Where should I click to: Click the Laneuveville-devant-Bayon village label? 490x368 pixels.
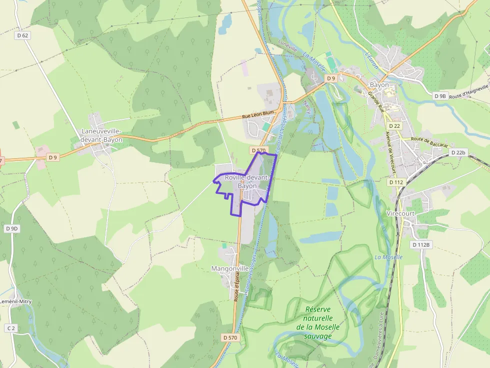pyautogui.click(x=101, y=135)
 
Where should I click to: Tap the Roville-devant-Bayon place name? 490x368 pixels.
pyautogui.click(x=247, y=182)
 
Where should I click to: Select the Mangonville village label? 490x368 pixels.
pyautogui.click(x=230, y=269)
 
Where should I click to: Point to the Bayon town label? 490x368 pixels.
pyautogui.click(x=379, y=85)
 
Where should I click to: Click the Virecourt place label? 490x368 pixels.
pyautogui.click(x=401, y=213)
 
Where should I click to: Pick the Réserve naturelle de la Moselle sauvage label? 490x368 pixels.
pyautogui.click(x=318, y=323)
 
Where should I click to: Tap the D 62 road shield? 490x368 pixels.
pyautogui.click(x=22, y=35)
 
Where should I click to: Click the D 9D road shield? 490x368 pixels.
pyautogui.click(x=11, y=229)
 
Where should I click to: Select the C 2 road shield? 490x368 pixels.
pyautogui.click(x=11, y=328)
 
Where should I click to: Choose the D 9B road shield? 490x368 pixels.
pyautogui.click(x=440, y=96)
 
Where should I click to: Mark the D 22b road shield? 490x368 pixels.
pyautogui.click(x=457, y=152)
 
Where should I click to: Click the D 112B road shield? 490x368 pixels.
pyautogui.click(x=421, y=245)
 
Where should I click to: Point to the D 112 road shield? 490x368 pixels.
pyautogui.click(x=395, y=182)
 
